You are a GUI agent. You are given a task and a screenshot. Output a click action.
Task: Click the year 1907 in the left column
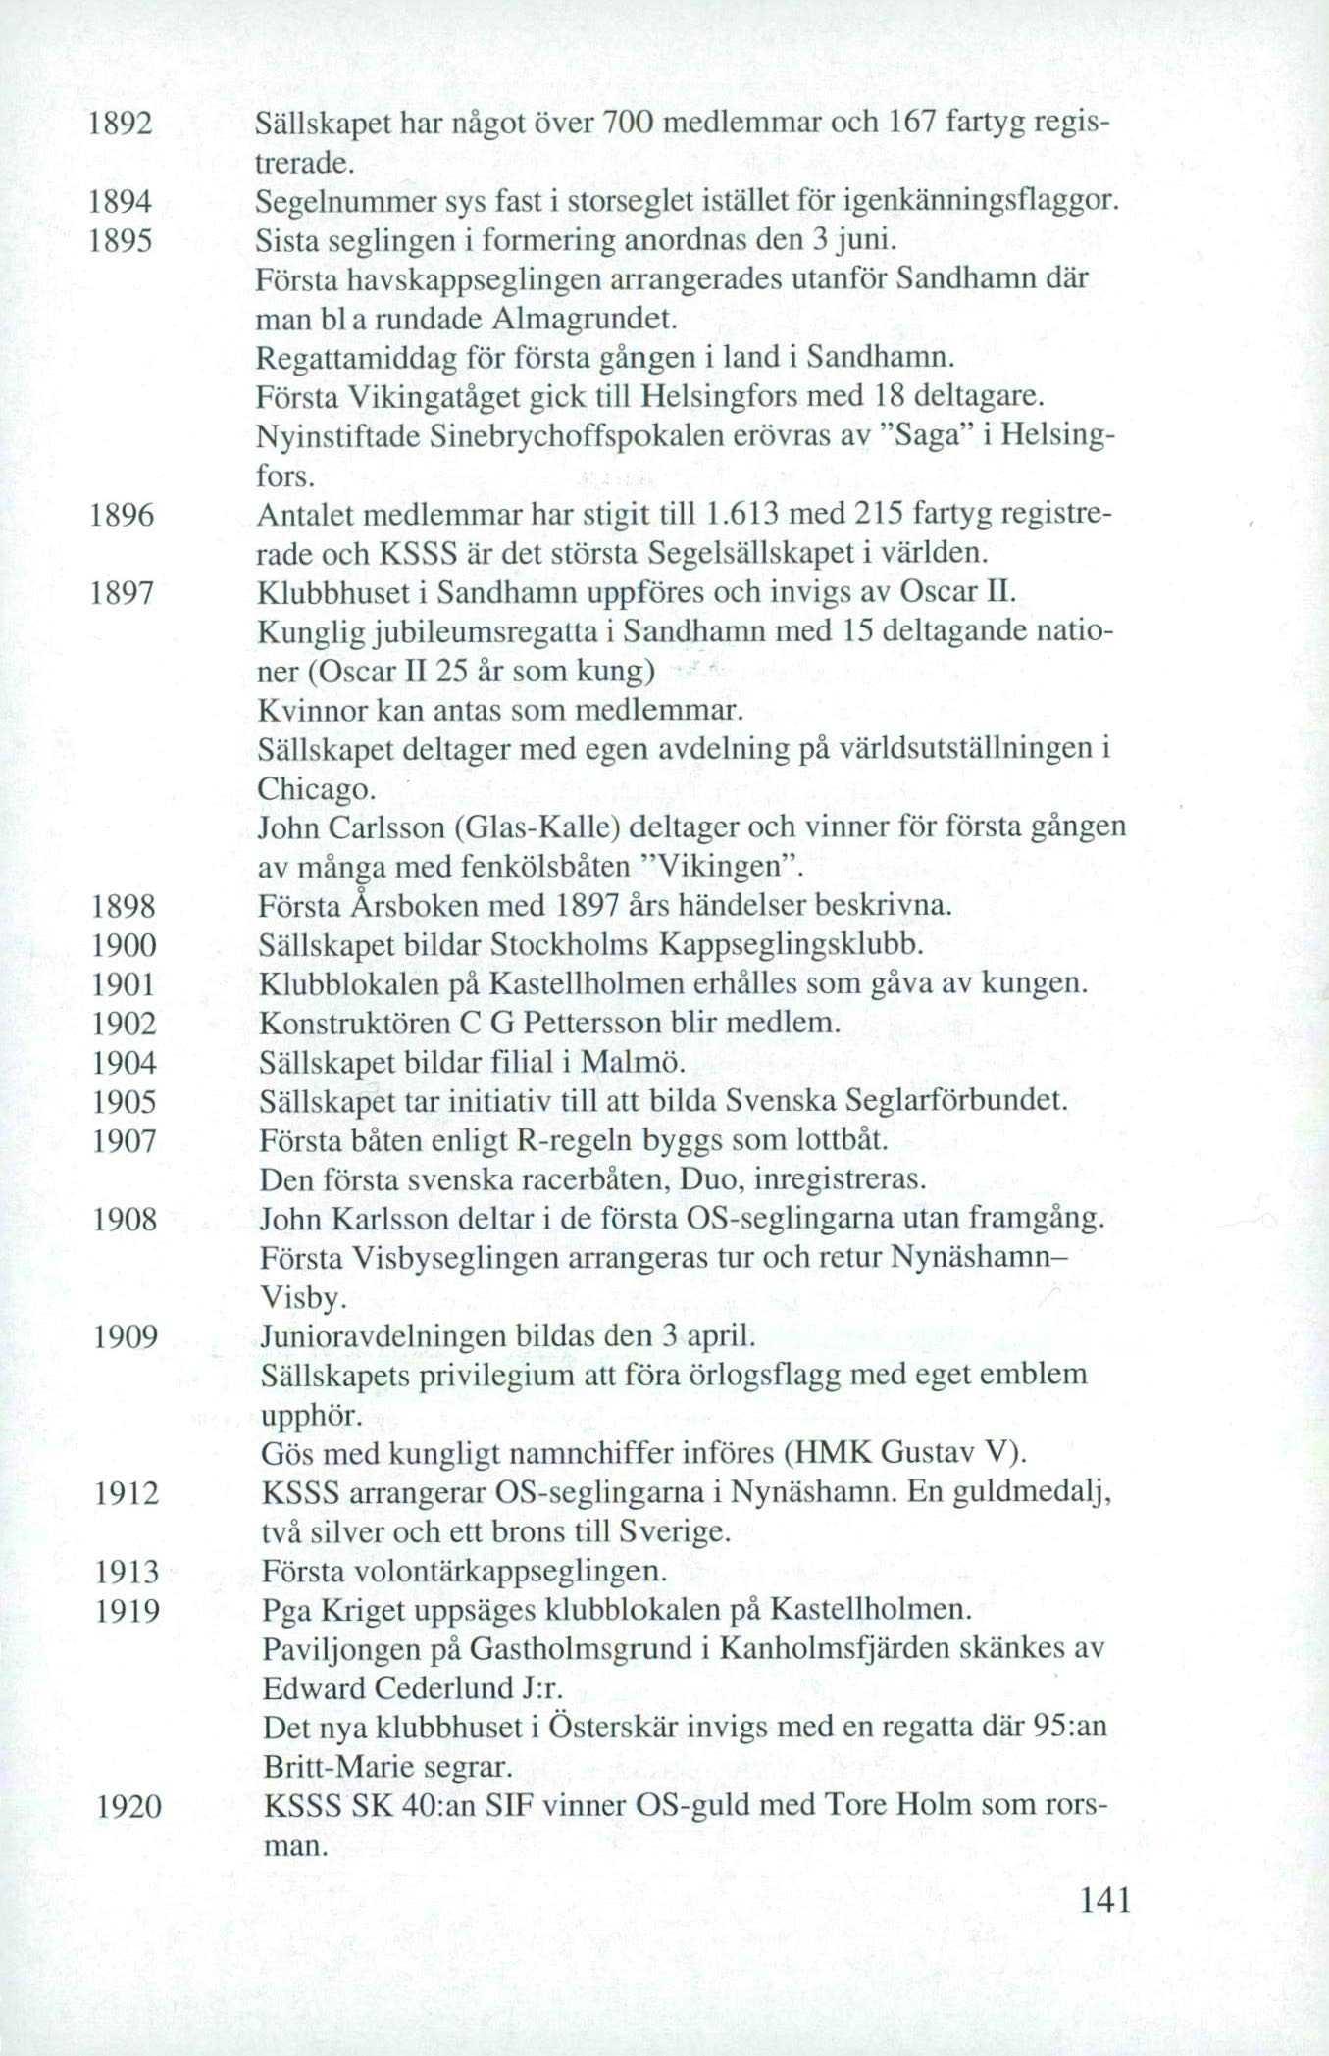pos(125,1142)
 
